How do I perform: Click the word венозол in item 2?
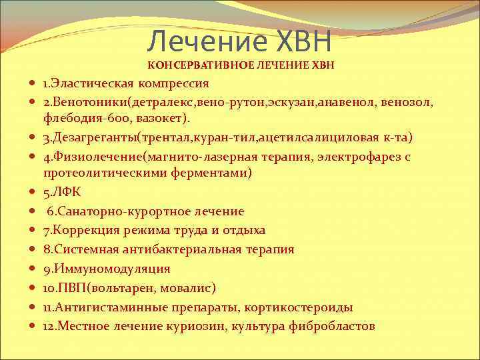click(x=410, y=103)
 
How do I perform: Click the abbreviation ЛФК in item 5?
click(x=69, y=192)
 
